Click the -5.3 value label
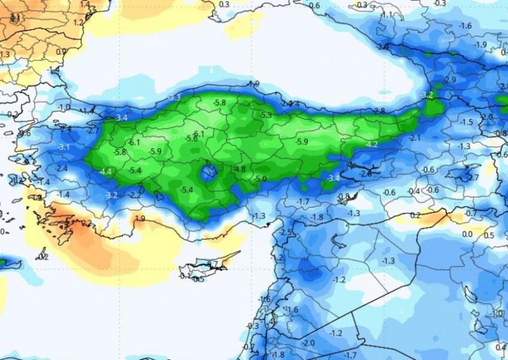click(265, 115)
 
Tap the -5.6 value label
click(191, 138)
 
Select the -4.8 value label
click(240, 169)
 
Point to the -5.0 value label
click(261, 179)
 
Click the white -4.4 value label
click(106, 172)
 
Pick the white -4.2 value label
click(371, 145)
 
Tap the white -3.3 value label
click(174, 97)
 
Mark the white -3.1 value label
click(63, 147)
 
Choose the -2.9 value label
click(450, 80)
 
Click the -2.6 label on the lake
click(365, 173)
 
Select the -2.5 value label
click(286, 232)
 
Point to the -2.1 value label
click(415, 138)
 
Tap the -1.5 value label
click(466, 122)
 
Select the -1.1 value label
click(387, 15)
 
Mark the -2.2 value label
click(136, 194)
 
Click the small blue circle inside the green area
click(209, 173)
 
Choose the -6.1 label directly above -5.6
click(198, 134)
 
